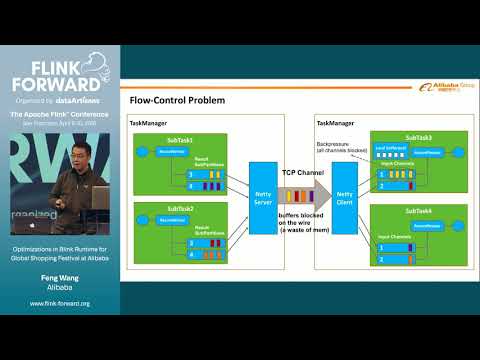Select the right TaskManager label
coord(336,121)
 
